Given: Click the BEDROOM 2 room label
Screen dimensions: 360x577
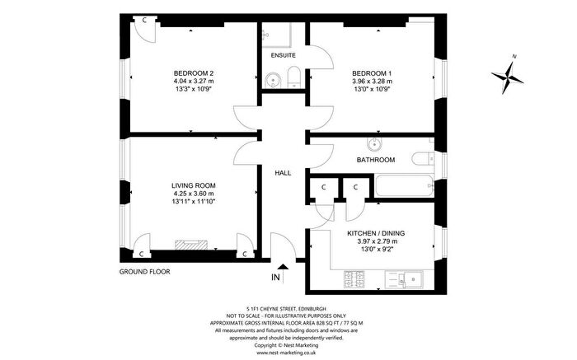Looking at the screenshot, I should click(x=194, y=71).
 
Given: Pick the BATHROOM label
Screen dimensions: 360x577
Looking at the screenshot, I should click(x=375, y=159).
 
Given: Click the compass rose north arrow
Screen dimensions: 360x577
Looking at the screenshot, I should click(x=509, y=78).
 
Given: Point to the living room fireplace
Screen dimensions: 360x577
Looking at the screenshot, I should click(x=188, y=245).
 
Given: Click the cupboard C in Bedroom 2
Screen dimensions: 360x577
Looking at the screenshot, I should click(x=144, y=19).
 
